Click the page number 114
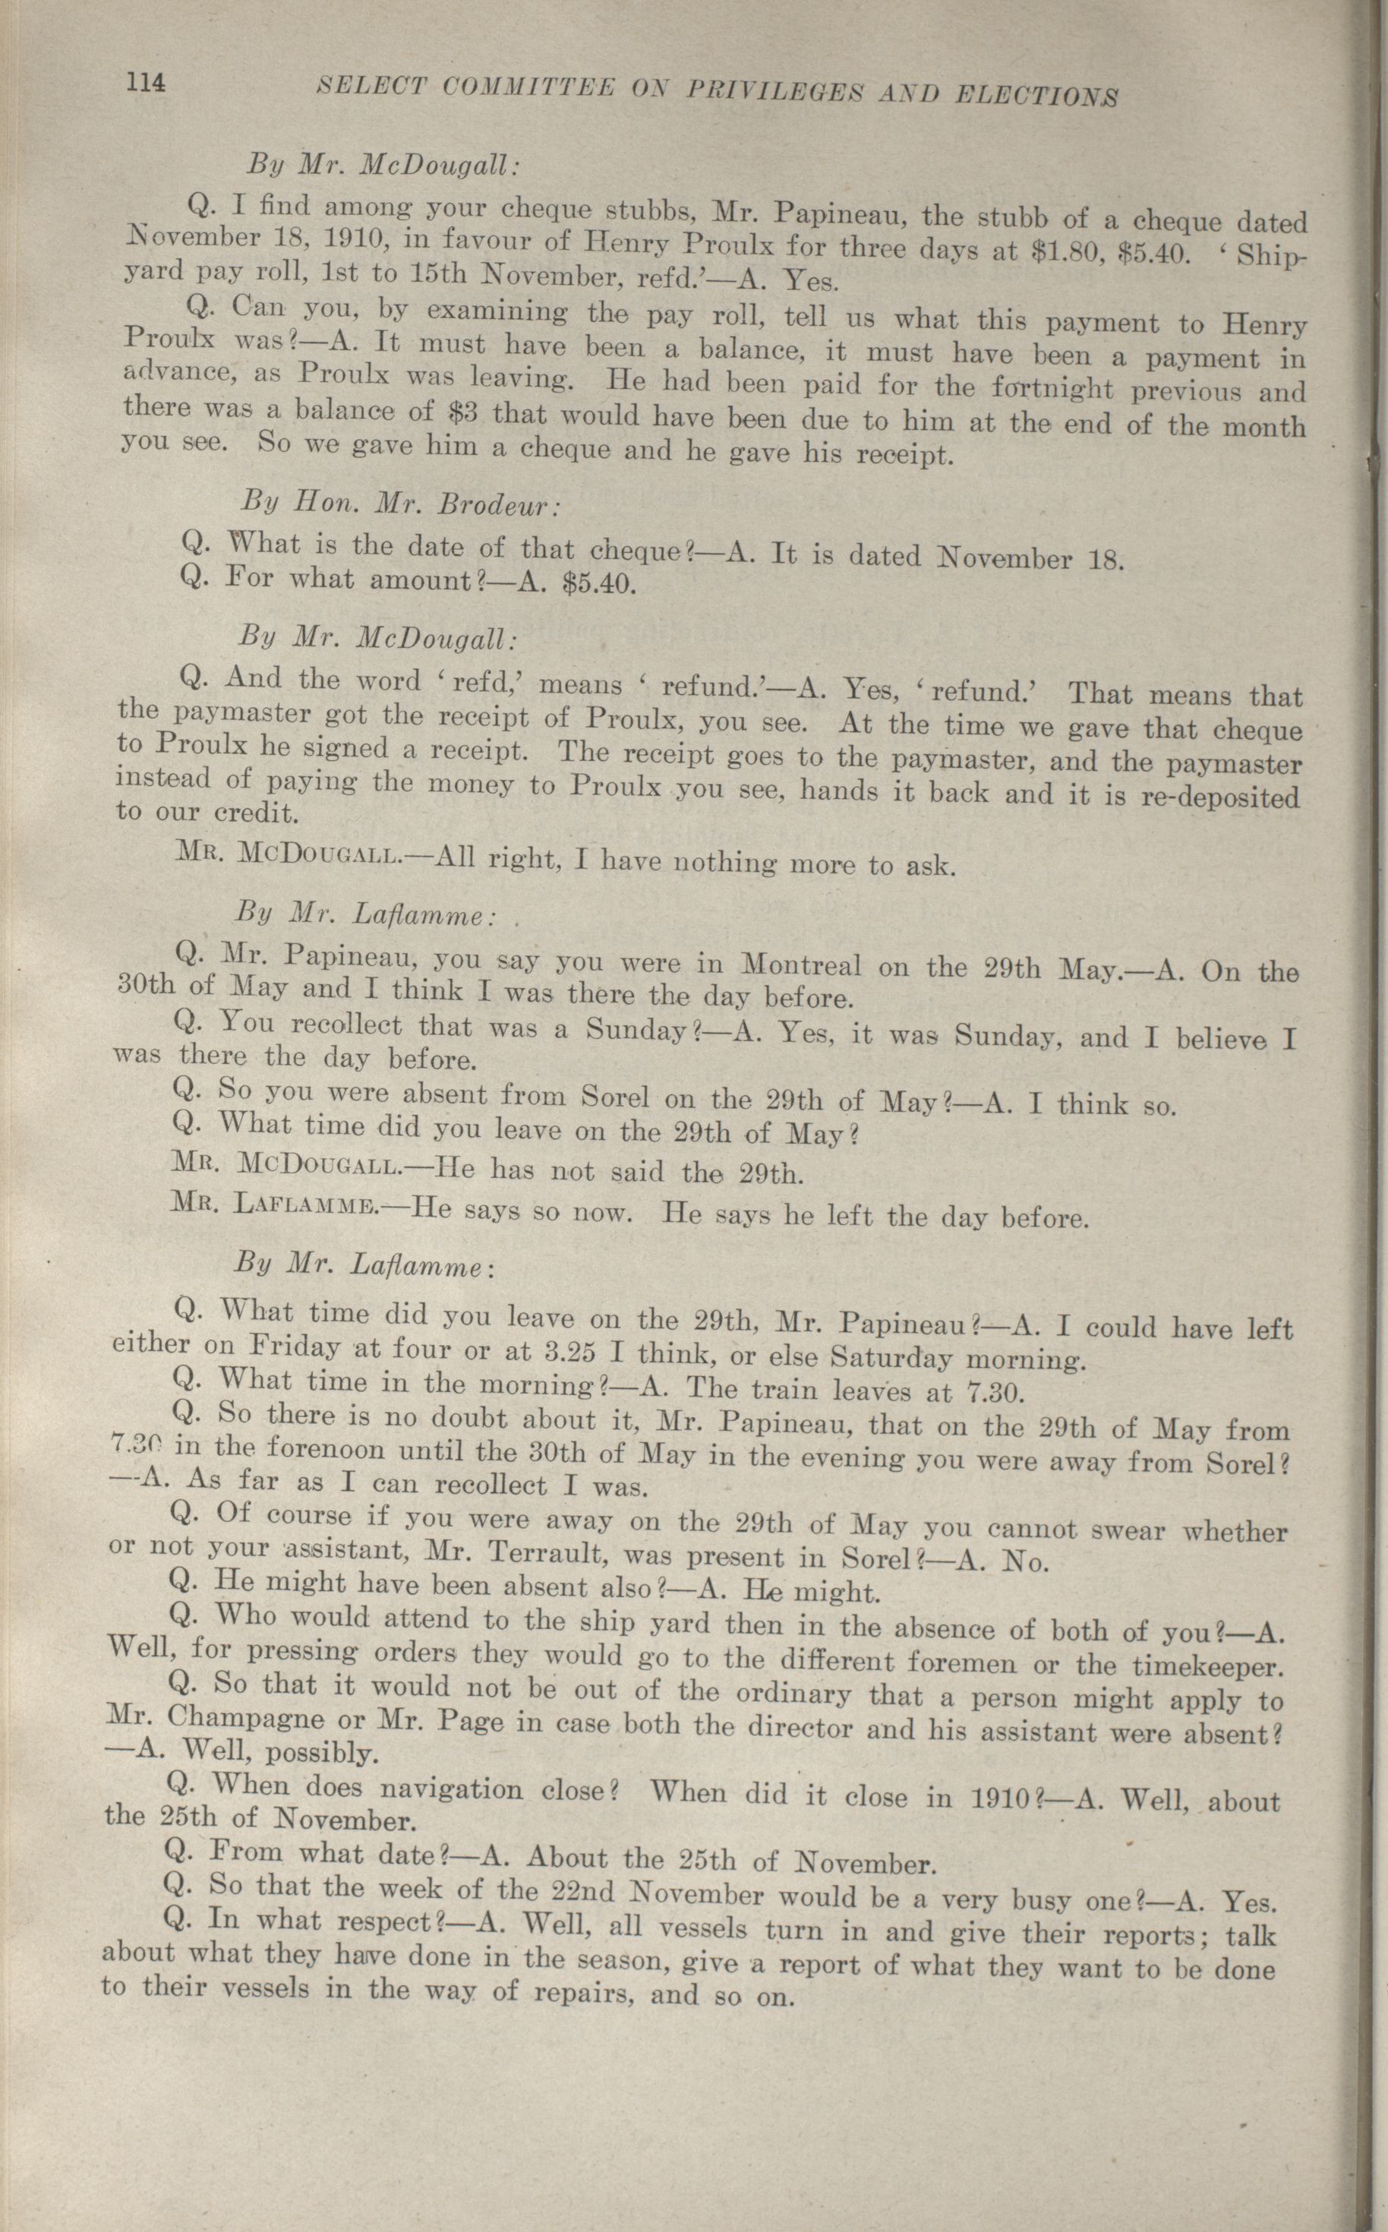(146, 84)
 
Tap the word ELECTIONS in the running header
(1036, 96)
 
